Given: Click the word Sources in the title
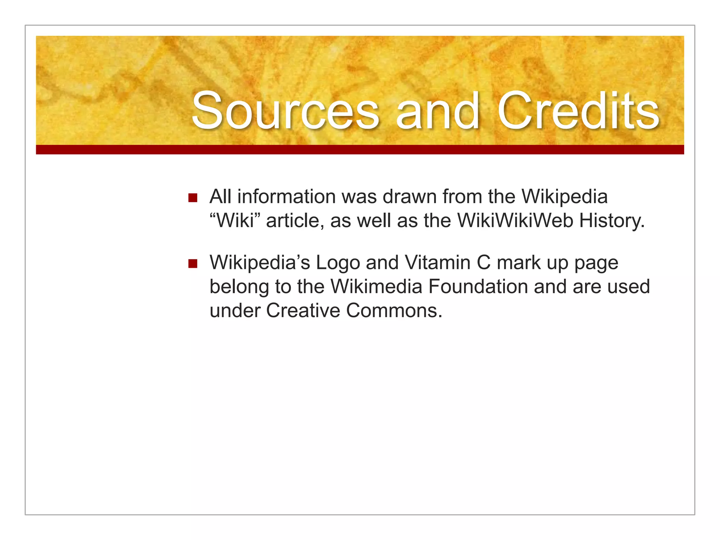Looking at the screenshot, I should (285, 111).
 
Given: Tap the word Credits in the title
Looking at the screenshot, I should (578, 111).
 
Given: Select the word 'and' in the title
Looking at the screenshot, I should (437, 111).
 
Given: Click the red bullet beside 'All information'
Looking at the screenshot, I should (193, 198).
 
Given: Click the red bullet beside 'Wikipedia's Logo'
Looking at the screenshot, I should (193, 263).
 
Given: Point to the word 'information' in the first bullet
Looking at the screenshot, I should (287, 197).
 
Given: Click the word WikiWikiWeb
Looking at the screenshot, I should (515, 221).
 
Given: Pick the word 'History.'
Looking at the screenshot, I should (612, 221).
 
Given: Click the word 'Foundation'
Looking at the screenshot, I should (478, 287).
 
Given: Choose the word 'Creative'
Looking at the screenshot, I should (303, 310).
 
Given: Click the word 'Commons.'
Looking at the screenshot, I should (394, 310).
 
